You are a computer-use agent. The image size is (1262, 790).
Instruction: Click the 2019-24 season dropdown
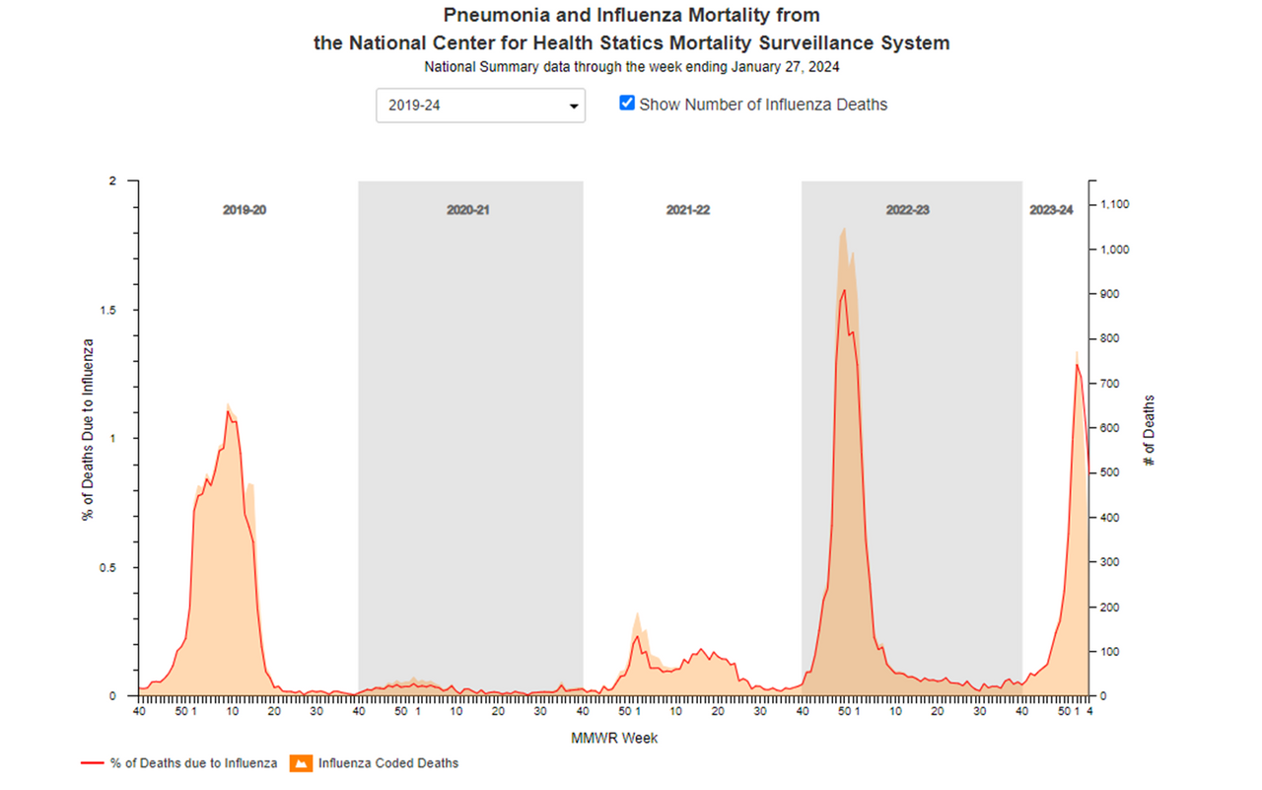480,106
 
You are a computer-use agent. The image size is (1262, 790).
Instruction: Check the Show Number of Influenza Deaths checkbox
627,103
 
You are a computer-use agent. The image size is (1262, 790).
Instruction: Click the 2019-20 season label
244,210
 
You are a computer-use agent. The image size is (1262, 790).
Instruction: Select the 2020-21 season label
467,210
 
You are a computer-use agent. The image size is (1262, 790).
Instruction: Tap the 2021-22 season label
688,210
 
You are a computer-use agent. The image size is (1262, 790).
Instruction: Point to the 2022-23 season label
908,210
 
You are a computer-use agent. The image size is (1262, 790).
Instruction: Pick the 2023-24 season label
1051,210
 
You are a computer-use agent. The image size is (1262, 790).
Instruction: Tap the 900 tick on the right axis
1110,294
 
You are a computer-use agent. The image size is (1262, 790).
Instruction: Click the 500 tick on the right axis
1110,472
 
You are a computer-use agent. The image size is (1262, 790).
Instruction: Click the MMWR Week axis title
614,738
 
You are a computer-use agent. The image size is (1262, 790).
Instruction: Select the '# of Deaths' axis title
1150,431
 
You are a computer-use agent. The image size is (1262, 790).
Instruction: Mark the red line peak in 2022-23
844,290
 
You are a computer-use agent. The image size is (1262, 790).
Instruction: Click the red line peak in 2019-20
228,411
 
